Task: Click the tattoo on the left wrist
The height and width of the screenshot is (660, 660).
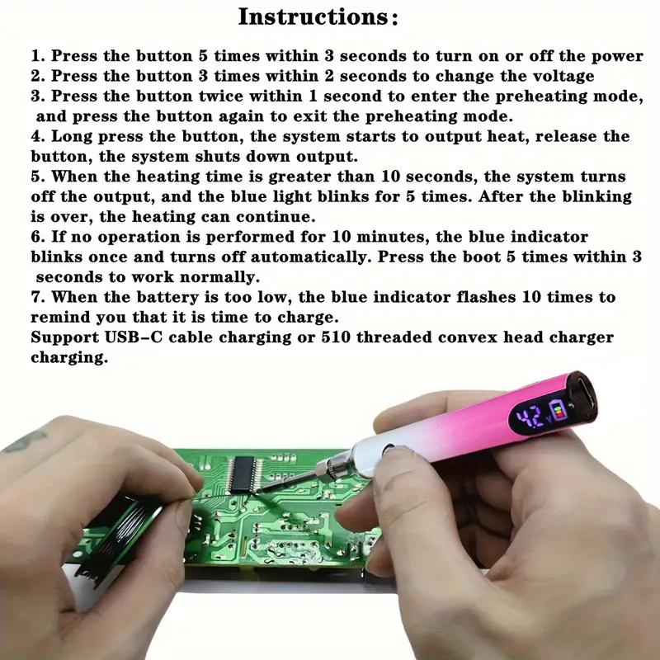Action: tap(25, 441)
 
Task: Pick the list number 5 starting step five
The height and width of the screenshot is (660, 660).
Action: tap(36, 177)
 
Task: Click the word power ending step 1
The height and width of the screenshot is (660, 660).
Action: tap(615, 56)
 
